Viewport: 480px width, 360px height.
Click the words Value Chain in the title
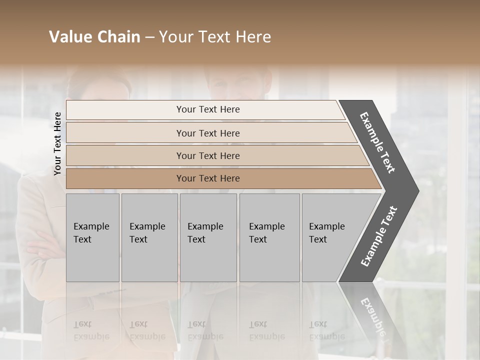(x=94, y=37)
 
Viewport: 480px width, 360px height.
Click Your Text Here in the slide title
(x=215, y=37)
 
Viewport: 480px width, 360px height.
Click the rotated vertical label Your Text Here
(x=57, y=143)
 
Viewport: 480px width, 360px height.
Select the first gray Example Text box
(x=92, y=237)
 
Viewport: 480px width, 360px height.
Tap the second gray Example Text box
(x=149, y=237)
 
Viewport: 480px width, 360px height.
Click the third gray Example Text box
(x=208, y=237)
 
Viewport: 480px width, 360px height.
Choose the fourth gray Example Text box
(x=269, y=237)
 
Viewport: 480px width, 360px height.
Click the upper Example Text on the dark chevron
(x=378, y=142)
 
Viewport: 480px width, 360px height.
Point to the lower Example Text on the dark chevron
(x=378, y=236)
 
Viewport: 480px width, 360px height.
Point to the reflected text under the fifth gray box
(x=326, y=330)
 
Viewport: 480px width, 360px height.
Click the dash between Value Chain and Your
(x=149, y=37)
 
